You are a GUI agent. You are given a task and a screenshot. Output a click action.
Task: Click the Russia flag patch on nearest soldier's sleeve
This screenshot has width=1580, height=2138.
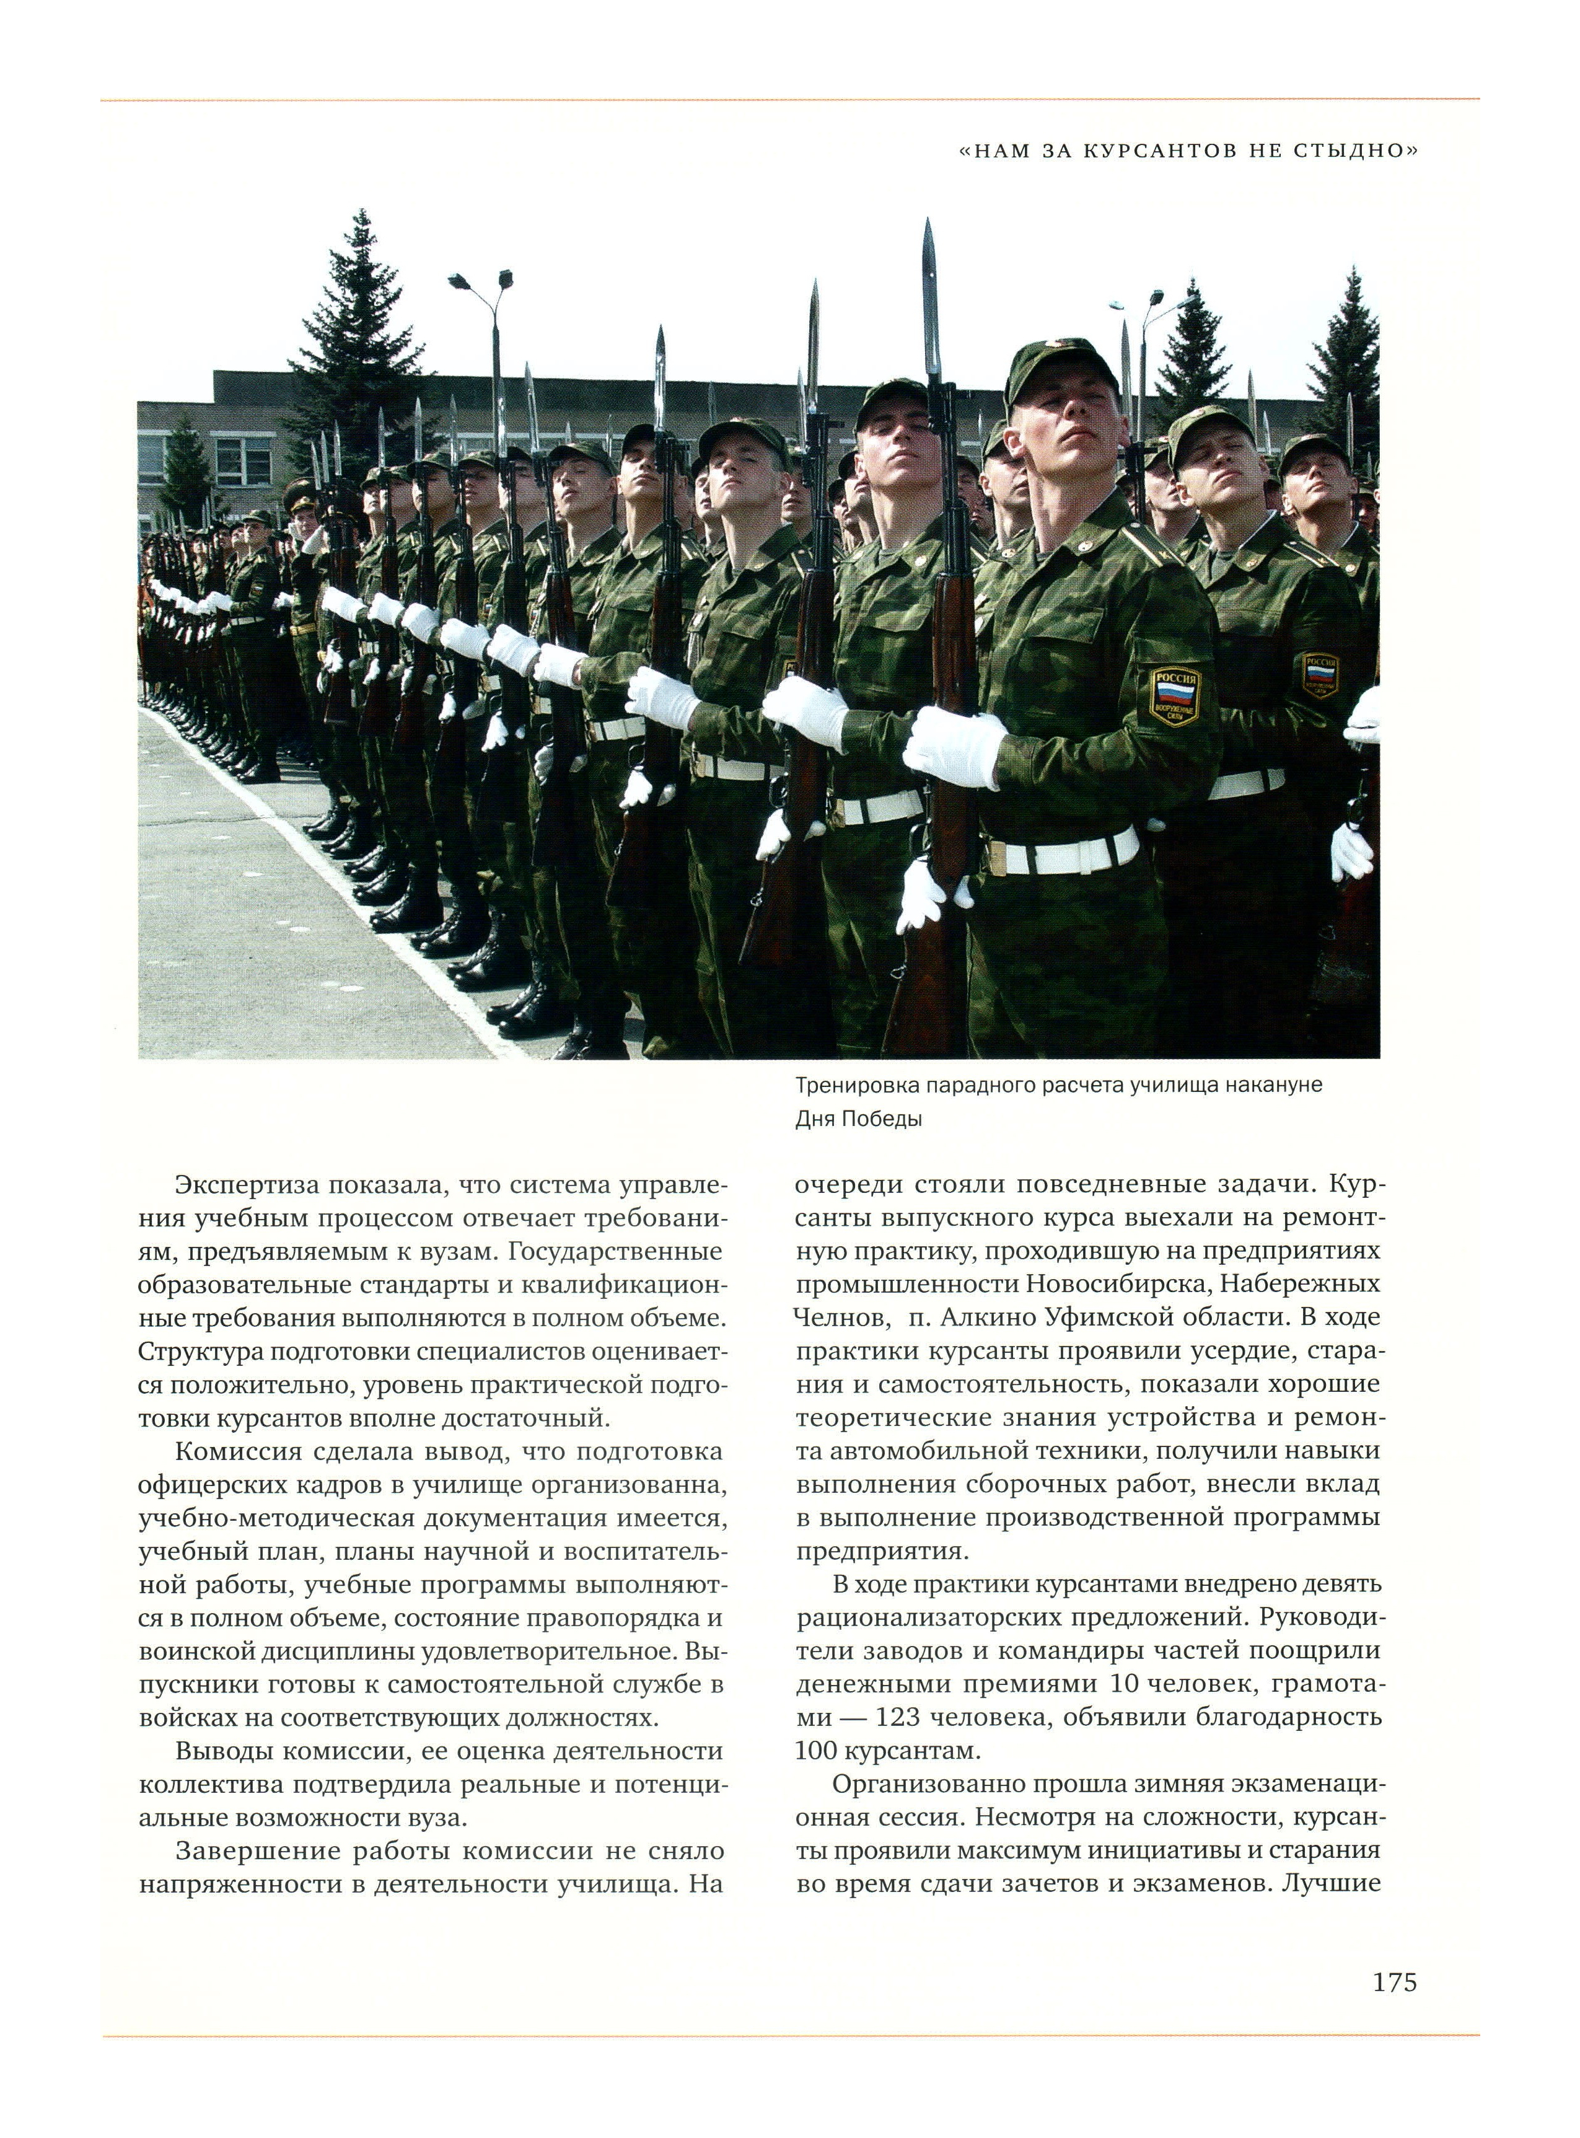tap(1172, 697)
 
